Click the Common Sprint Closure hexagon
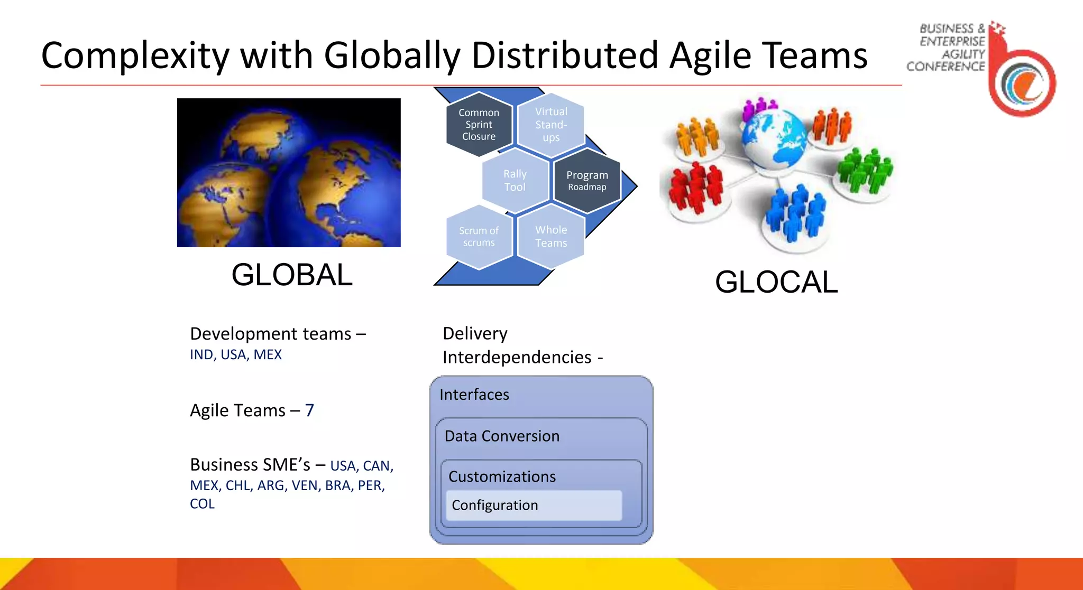pos(479,125)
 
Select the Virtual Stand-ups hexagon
pos(550,125)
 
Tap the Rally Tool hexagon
pos(515,181)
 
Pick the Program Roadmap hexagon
pos(587,181)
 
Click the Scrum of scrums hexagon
pos(479,237)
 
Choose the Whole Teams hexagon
pos(550,237)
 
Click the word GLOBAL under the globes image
pos(292,275)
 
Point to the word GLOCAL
pos(776,282)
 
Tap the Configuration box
pos(534,505)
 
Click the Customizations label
pos(502,476)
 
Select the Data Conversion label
pos(502,436)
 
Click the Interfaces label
pos(474,395)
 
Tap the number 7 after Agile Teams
pos(309,410)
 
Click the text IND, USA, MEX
pos(236,354)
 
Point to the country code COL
pos(202,504)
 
